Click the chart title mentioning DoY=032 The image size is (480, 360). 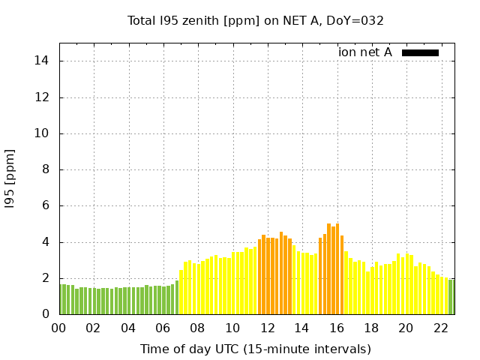point(255,20)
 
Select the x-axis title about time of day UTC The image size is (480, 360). point(255,349)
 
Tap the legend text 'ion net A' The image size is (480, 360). point(365,52)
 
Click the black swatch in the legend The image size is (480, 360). point(420,52)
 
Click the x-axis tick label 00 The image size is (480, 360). point(58,328)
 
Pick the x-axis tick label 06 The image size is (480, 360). point(163,328)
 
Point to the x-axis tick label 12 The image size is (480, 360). point(267,328)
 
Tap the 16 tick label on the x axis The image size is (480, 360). point(336,328)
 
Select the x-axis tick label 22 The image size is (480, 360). point(440,328)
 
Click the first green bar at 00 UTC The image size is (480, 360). point(61,299)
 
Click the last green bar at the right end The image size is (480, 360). point(451,297)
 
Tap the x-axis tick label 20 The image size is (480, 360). point(406,328)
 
